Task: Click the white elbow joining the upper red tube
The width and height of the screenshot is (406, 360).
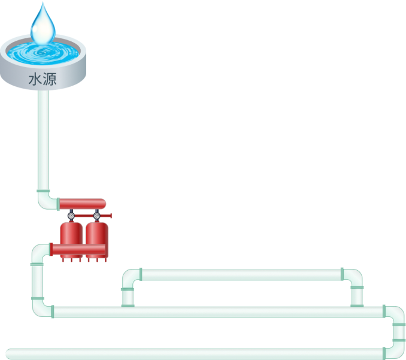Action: click(46, 200)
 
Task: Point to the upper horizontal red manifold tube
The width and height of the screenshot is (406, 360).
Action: click(83, 204)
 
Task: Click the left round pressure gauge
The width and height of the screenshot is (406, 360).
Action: click(71, 215)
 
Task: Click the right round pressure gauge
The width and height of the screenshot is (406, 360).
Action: click(96, 215)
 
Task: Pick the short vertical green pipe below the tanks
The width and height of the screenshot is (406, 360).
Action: click(38, 281)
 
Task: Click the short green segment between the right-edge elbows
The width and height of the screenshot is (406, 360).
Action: click(398, 332)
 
